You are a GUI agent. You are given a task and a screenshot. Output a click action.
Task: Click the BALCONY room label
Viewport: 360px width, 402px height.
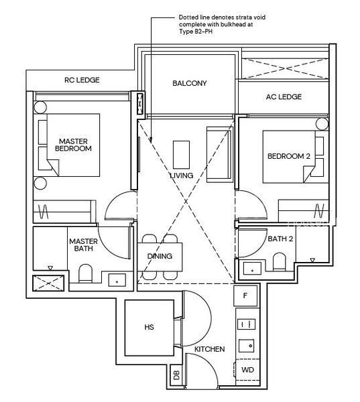[189, 83]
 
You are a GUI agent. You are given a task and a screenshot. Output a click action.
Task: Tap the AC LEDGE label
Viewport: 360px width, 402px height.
[284, 96]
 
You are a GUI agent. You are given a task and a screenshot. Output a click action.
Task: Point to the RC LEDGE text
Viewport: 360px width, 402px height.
[82, 80]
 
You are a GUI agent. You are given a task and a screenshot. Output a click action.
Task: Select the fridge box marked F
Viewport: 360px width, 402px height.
[245, 295]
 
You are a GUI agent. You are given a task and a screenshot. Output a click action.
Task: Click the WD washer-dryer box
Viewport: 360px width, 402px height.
[247, 370]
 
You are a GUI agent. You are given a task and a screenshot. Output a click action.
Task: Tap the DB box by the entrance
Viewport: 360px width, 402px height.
[176, 375]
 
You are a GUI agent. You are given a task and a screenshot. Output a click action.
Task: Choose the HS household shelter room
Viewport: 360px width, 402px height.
[149, 328]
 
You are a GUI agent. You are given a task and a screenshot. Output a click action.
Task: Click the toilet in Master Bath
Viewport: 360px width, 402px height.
[85, 273]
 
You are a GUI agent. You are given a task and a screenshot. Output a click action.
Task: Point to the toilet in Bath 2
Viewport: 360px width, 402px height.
[279, 261]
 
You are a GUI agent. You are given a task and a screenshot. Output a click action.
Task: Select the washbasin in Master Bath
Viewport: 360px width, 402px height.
[117, 280]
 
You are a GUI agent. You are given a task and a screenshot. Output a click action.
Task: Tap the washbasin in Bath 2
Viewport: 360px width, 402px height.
[252, 269]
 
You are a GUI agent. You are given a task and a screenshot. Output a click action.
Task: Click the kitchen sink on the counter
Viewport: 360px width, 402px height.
[247, 346]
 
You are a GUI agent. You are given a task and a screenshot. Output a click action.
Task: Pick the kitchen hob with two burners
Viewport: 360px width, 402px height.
[246, 324]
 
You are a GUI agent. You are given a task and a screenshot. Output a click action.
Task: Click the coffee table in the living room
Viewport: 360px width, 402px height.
[181, 155]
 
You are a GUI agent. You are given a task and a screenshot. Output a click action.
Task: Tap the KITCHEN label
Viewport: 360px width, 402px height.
[209, 349]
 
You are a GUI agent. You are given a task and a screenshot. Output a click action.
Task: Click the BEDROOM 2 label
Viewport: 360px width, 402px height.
[289, 156]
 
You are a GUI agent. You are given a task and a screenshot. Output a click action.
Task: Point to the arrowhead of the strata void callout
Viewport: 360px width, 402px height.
[151, 141]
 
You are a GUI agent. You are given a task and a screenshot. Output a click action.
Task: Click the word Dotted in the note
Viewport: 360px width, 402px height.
[188, 17]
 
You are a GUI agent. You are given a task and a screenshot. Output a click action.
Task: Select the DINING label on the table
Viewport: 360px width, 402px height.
[160, 256]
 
